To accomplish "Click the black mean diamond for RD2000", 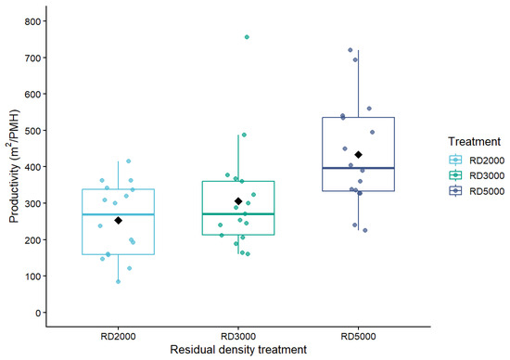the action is pyautogui.click(x=119, y=221).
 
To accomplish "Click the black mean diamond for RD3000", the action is pyautogui.click(x=238, y=201).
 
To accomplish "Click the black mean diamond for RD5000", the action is pyautogui.click(x=359, y=155).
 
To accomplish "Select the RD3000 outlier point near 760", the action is pyautogui.click(x=247, y=37).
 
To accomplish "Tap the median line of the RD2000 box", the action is pyautogui.click(x=118, y=214).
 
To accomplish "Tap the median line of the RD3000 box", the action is pyautogui.click(x=238, y=213).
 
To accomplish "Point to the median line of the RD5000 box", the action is pyautogui.click(x=359, y=168).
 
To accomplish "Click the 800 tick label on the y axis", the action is pyautogui.click(x=32, y=21).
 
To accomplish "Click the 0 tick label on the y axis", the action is pyautogui.click(x=38, y=313).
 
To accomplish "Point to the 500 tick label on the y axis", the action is pyautogui.click(x=32, y=131).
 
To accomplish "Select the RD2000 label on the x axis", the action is pyautogui.click(x=118, y=336).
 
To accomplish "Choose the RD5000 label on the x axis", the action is pyautogui.click(x=359, y=336).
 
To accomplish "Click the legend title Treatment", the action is pyautogui.click(x=474, y=142).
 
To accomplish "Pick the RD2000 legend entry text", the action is pyautogui.click(x=487, y=161).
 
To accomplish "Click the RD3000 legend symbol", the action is pyautogui.click(x=455, y=175).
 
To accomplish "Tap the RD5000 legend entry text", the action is pyautogui.click(x=487, y=191).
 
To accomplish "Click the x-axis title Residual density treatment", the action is pyautogui.click(x=238, y=350).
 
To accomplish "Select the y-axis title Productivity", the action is pyautogui.click(x=14, y=166).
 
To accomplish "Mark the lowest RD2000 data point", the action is pyautogui.click(x=118, y=281).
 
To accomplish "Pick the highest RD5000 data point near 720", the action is pyautogui.click(x=351, y=50).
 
